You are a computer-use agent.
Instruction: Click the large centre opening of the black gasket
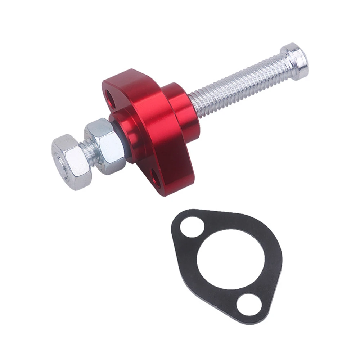230,259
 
